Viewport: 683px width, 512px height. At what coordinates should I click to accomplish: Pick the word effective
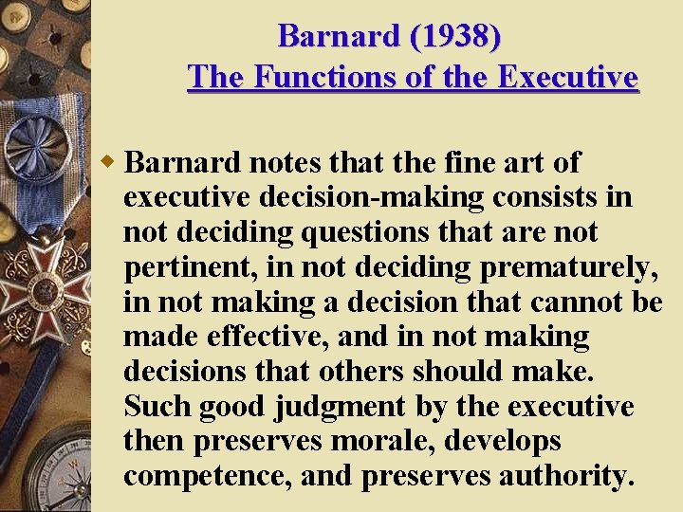pos(264,337)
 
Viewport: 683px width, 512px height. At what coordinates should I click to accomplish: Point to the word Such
pos(157,407)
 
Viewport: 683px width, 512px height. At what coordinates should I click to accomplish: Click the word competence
pos(208,476)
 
